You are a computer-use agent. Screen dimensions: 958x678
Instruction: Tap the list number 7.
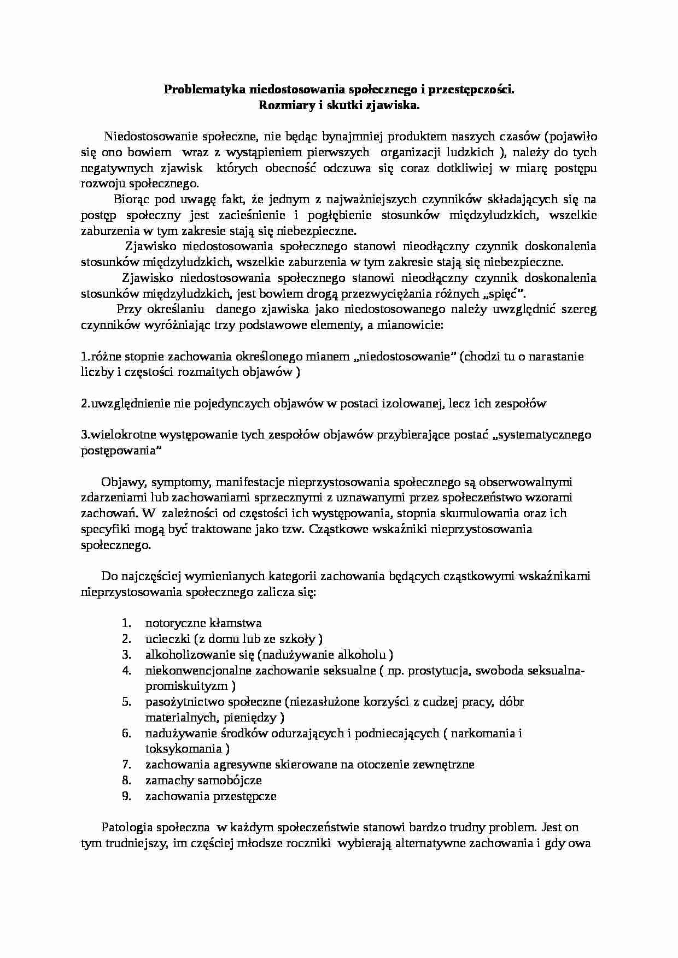click(x=126, y=765)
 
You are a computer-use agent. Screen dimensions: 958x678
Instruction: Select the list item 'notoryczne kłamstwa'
click(x=203, y=623)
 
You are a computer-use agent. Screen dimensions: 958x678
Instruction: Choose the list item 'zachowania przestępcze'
click(x=211, y=796)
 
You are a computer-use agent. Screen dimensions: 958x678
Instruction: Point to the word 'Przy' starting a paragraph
click(x=129, y=310)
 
